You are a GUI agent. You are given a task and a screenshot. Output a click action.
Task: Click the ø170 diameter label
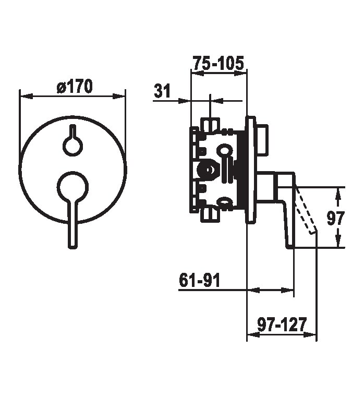pyautogui.click(x=75, y=86)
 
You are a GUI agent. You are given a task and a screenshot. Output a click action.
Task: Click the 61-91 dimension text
pyautogui.click(x=199, y=280)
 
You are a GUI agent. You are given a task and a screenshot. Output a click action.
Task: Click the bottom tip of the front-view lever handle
pyautogui.click(x=72, y=248)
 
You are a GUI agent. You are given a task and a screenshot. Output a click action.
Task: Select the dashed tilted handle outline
pyautogui.click(x=306, y=210)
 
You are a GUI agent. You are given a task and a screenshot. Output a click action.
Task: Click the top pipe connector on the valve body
pyautogui.click(x=210, y=124)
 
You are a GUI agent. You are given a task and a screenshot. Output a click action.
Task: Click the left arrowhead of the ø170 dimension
pyautogui.click(x=26, y=96)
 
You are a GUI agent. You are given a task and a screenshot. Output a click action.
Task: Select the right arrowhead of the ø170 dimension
pyautogui.click(x=119, y=96)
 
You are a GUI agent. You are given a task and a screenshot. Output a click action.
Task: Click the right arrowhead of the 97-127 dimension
pyautogui.click(x=310, y=335)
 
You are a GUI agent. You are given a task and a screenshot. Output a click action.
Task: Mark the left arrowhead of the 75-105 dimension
pyautogui.click(x=198, y=74)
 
